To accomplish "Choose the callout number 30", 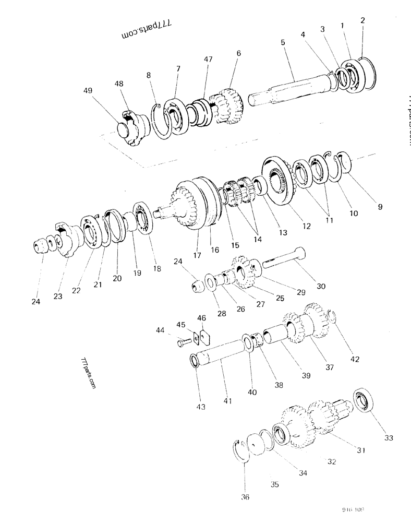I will coord(321,286).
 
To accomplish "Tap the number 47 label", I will coord(209,61).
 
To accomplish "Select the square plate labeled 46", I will coord(202,337).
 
